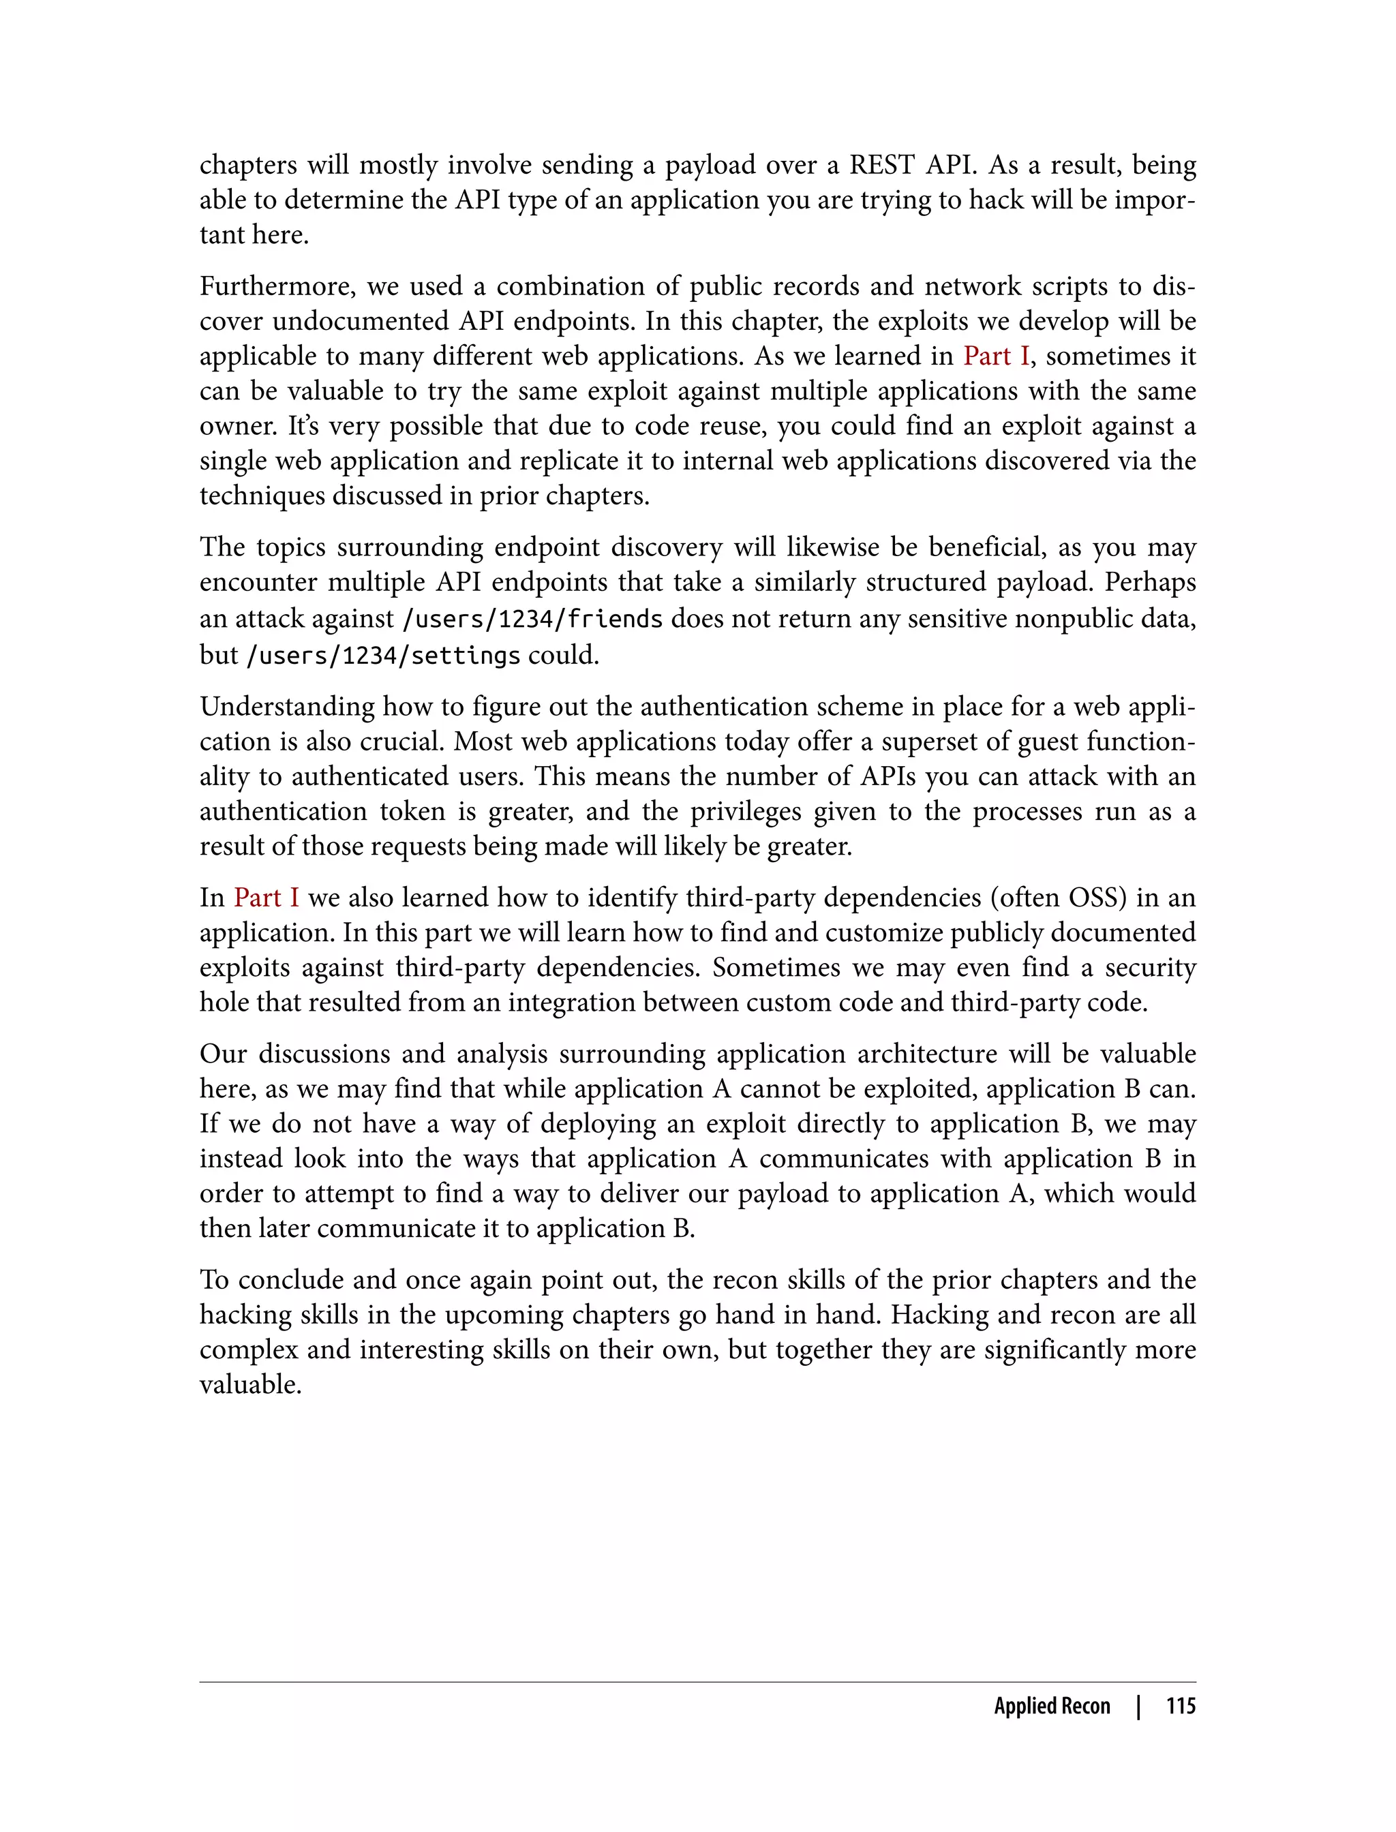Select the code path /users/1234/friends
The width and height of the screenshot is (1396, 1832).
coord(532,619)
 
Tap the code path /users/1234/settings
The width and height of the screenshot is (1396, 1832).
coord(383,656)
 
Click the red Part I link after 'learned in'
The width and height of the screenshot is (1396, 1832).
coord(995,356)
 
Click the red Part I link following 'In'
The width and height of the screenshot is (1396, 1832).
coord(266,898)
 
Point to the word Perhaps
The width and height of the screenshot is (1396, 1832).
coord(1150,581)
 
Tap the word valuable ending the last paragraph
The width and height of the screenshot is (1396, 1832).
coord(250,1384)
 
